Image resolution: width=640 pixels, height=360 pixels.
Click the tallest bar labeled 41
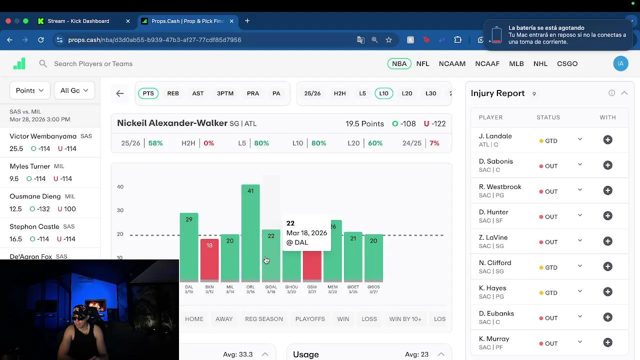coord(250,232)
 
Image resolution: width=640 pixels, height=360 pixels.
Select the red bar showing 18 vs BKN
coord(209,260)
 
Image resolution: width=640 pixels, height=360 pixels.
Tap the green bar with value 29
coord(189,247)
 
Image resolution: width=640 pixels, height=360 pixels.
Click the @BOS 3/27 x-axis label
coord(373,289)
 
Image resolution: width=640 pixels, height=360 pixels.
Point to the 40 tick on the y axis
coord(120,187)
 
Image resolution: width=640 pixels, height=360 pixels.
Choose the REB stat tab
coord(173,93)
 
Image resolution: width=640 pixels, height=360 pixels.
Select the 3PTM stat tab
coord(225,93)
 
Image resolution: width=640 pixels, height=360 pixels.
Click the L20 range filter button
coord(407,93)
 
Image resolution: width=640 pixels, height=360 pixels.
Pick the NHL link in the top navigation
coord(540,63)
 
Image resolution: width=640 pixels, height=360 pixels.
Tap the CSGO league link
coord(567,63)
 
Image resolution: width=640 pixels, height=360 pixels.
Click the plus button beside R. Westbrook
coord(607,190)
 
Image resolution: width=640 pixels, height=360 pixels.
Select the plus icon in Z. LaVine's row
coord(607,241)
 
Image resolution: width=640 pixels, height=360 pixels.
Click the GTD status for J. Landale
coord(548,141)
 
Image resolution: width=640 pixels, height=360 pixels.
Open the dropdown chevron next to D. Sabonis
coord(580,164)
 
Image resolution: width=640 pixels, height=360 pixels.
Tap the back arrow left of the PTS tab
coord(120,93)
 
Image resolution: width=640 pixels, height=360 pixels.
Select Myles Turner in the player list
coord(30,166)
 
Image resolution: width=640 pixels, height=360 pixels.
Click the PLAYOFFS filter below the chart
coord(310,319)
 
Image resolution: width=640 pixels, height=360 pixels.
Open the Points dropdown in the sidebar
coord(29,90)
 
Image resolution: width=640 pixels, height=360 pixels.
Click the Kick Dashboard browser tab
coord(78,21)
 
